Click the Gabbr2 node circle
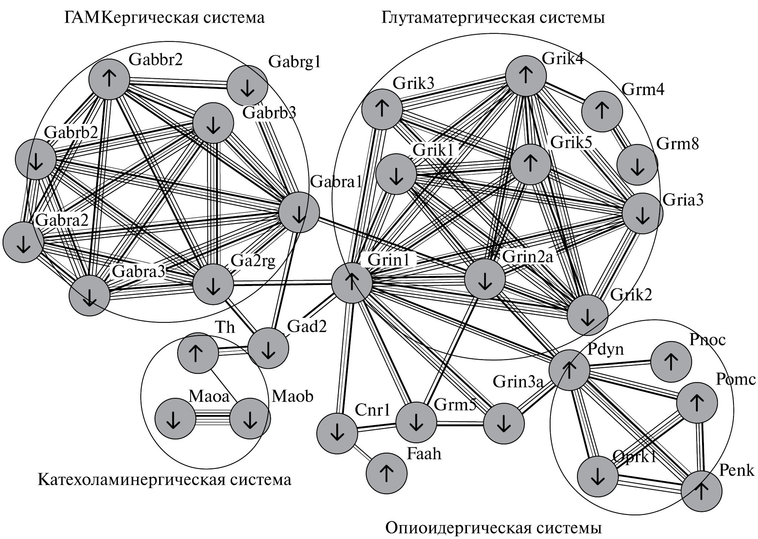pos(109,79)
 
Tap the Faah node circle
pos(386,474)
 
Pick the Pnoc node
pos(671,362)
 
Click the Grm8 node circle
pos(637,165)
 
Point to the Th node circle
pos(198,353)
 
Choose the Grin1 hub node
pos(352,283)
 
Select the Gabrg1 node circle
pos(247,86)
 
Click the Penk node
pos(701,491)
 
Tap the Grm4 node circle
pos(602,112)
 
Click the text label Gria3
pos(683,200)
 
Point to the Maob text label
pos(293,396)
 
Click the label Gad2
pos(307,327)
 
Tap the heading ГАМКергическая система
pos(164,18)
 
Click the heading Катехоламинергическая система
pos(164,480)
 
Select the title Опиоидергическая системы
pos(493,528)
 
